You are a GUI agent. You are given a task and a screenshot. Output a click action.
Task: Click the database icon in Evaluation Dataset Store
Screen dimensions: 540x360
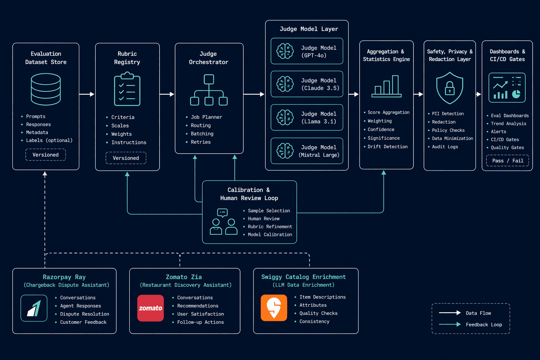tap(46, 89)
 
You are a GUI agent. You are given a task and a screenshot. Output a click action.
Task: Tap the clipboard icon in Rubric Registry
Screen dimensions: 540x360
tap(127, 89)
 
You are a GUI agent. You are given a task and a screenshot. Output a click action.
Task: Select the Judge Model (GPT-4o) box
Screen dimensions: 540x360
tap(307, 51)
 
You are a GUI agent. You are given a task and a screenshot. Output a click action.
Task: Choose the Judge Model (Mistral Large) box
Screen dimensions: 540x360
tap(307, 151)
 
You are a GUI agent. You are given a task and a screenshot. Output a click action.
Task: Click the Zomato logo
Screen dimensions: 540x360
tap(150, 308)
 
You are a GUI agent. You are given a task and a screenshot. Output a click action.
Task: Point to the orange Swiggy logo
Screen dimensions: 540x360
tap(274, 308)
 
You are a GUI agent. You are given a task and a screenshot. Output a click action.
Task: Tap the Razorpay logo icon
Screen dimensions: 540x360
tap(34, 308)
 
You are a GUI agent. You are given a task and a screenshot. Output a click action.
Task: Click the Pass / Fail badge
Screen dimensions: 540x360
tap(507, 161)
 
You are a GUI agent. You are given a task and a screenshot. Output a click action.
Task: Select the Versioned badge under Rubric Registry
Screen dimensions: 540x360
tap(126, 158)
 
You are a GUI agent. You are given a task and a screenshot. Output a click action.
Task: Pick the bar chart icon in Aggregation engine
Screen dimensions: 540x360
tap(386, 86)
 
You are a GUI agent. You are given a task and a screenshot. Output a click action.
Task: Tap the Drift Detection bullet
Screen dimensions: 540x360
tap(386, 147)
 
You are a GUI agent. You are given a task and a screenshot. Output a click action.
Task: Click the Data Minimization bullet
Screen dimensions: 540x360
tap(451, 139)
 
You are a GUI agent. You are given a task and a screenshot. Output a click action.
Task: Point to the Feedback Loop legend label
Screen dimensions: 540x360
tap(484, 324)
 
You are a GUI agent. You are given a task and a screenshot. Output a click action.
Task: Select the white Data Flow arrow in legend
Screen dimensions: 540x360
tap(450, 313)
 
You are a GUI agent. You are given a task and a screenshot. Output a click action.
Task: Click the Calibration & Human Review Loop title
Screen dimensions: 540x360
tap(249, 194)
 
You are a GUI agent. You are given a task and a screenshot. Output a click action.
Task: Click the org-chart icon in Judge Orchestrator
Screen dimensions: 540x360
tap(209, 90)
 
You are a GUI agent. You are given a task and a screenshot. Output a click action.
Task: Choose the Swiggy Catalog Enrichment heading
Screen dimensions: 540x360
tap(303, 277)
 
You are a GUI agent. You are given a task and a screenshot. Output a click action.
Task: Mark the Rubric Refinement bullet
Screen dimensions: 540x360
tap(268, 227)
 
